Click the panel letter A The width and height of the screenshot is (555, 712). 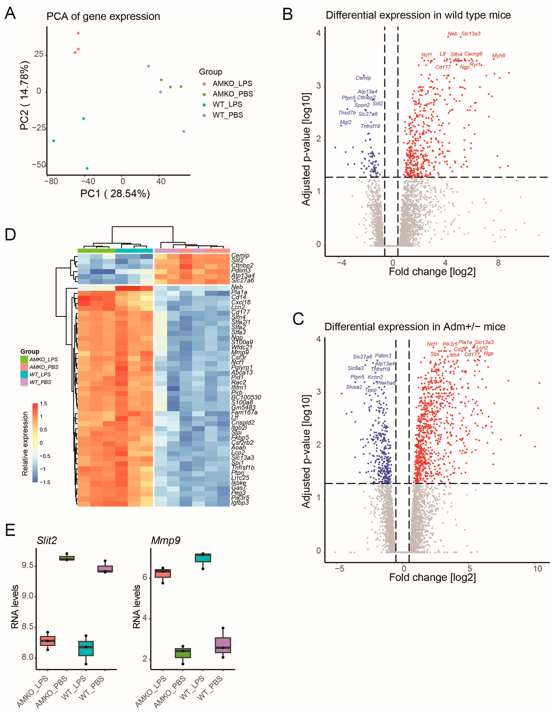[x=10, y=14]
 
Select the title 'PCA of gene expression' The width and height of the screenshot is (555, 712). [x=103, y=16]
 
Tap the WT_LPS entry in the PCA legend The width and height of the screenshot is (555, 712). [x=227, y=104]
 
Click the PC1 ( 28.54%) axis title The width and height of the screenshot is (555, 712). [x=115, y=194]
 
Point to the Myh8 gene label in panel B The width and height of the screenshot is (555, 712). [x=498, y=55]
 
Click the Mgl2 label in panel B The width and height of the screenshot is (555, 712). [x=346, y=122]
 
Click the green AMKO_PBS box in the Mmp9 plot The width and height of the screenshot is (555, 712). [x=183, y=653]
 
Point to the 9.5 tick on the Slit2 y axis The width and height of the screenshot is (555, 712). [x=28, y=565]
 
